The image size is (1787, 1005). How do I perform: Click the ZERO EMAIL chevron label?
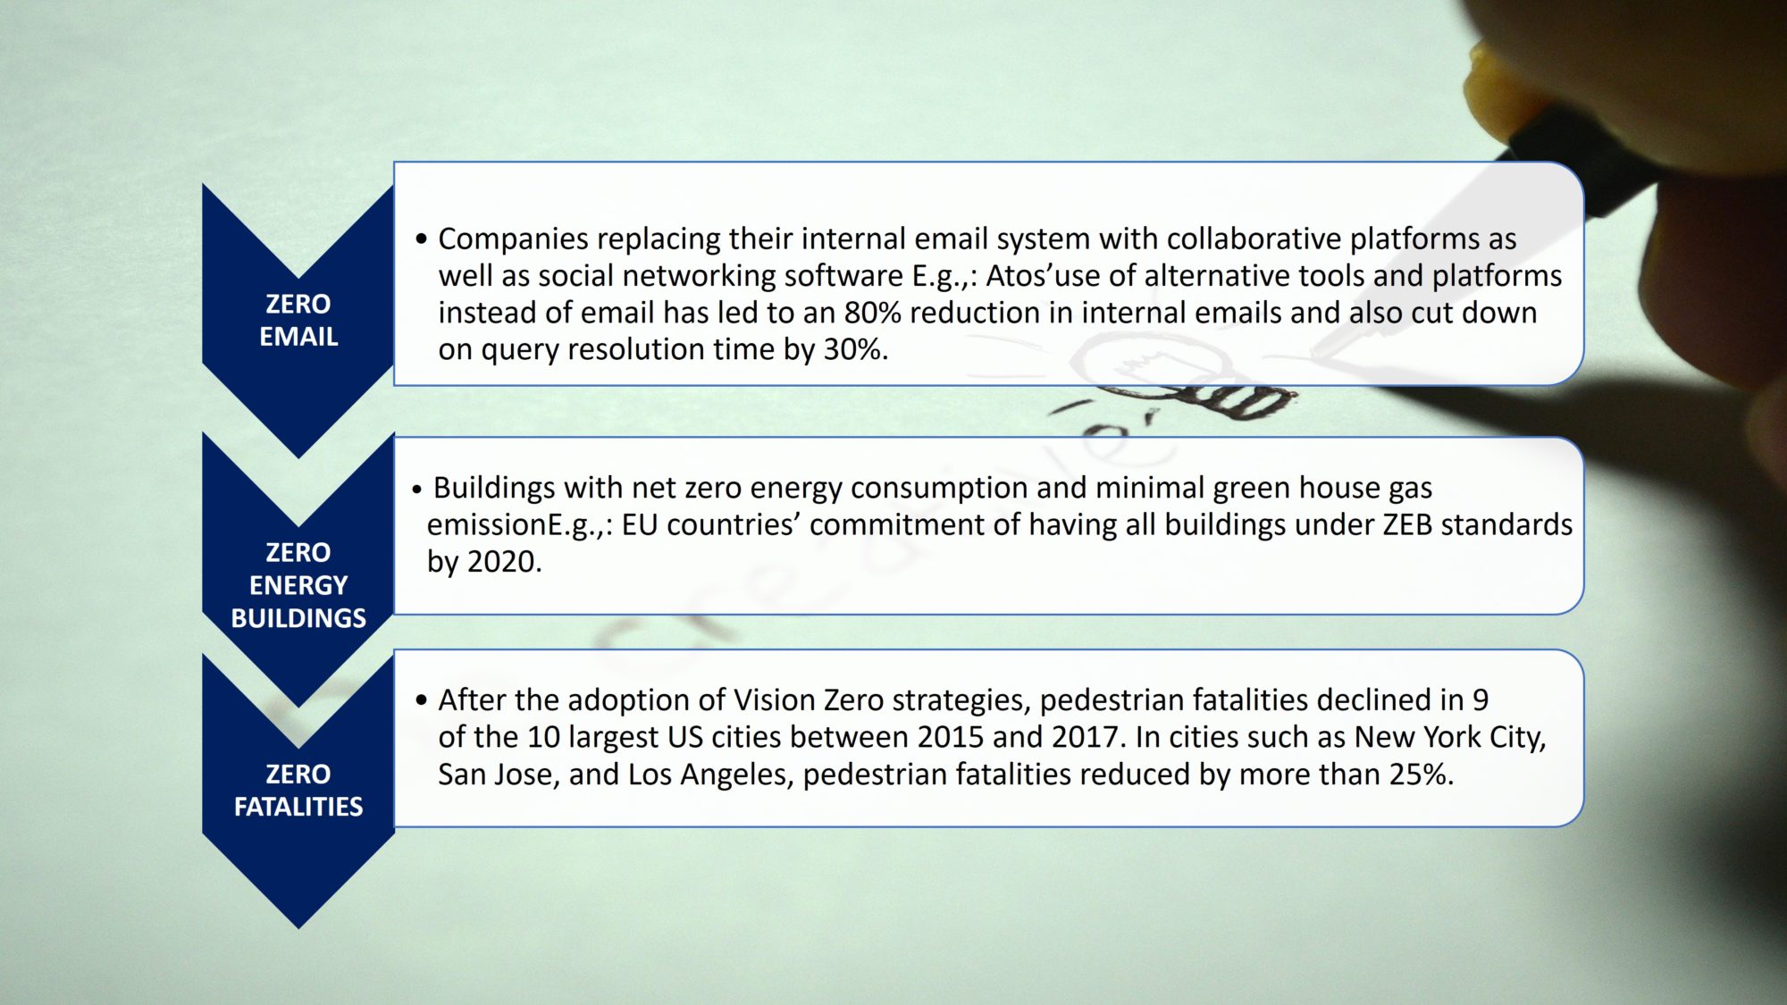(298, 320)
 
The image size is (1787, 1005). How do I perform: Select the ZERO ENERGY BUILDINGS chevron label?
(298, 585)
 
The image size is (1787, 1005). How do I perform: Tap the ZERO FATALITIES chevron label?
(298, 790)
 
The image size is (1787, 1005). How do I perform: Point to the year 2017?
(1085, 737)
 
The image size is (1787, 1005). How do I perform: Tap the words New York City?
(1449, 737)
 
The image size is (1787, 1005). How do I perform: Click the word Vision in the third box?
(774, 699)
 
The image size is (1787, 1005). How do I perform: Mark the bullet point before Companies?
(422, 239)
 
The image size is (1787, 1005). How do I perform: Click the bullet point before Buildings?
(417, 490)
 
